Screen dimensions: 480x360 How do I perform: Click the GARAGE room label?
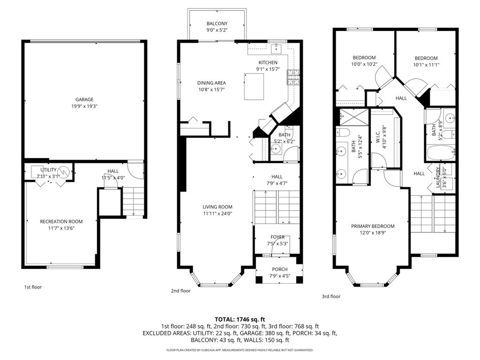pyautogui.click(x=84, y=99)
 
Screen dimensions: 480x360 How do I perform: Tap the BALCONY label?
pyautogui.click(x=217, y=23)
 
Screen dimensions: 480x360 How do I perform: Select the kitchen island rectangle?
pyautogui.click(x=254, y=86)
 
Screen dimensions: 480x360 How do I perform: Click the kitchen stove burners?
pyautogui.click(x=293, y=77)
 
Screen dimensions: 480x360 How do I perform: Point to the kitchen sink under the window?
pyautogui.click(x=277, y=48)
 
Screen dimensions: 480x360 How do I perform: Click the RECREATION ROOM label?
pyautogui.click(x=61, y=222)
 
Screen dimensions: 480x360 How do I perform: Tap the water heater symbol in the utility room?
pyautogui.click(x=64, y=172)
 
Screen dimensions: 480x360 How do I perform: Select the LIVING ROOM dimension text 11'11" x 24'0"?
pyautogui.click(x=217, y=214)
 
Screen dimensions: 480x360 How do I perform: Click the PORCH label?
pyautogui.click(x=280, y=270)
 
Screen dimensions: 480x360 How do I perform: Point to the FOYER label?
pyautogui.click(x=277, y=237)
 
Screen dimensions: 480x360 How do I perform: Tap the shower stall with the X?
pyautogui.click(x=354, y=117)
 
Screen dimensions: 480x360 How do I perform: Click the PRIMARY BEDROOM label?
pyautogui.click(x=373, y=226)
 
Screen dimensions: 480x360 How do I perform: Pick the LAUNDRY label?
pyautogui.click(x=438, y=178)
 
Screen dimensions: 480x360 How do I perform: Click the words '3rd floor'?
pyautogui.click(x=331, y=296)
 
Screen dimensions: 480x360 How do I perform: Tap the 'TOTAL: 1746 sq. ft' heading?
pyautogui.click(x=240, y=319)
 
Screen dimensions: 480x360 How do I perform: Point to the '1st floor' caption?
pyautogui.click(x=33, y=287)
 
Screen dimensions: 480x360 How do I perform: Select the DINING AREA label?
pyautogui.click(x=211, y=83)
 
